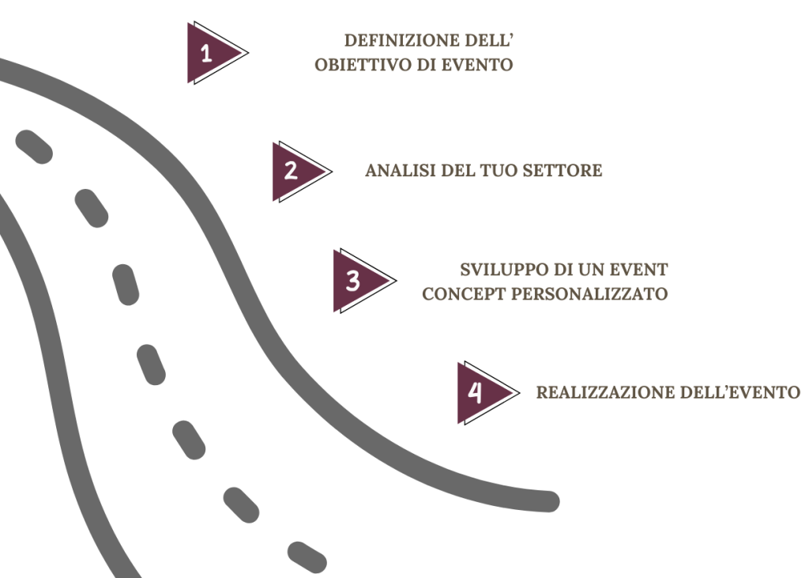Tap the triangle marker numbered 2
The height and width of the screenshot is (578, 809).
coord(292,171)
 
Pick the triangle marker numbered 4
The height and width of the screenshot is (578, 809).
coord(477,392)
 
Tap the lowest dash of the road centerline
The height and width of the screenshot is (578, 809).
coord(307,557)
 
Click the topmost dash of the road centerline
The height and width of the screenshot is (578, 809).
coord(33,147)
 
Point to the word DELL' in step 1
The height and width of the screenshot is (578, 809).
coord(496,41)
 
